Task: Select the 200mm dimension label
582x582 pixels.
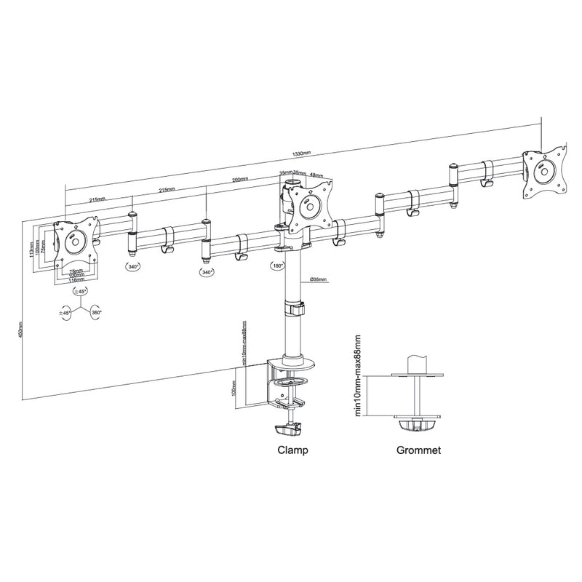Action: coord(239,180)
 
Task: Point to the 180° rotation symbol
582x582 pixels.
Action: coord(277,266)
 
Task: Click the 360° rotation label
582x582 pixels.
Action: coord(96,313)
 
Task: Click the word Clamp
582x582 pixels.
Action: coord(292,450)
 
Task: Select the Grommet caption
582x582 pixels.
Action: coord(418,450)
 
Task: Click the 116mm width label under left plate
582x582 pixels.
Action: coord(76,279)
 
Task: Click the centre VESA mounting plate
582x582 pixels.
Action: coord(309,207)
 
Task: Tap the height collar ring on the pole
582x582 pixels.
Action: coord(294,308)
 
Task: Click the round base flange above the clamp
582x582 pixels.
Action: coord(294,359)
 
